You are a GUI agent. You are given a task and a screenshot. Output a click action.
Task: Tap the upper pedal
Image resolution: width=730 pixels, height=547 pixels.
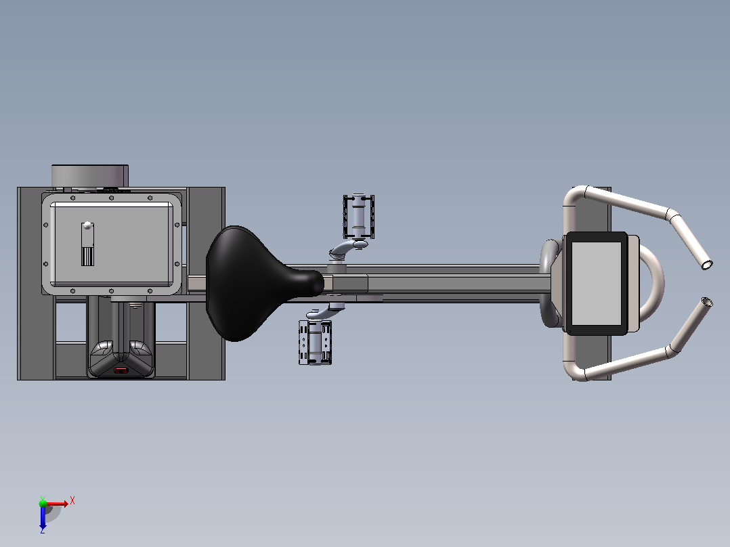358,217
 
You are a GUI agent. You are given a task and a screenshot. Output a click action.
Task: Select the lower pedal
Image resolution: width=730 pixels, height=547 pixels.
315,343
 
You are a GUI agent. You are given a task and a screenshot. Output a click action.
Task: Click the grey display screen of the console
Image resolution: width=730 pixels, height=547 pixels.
597,283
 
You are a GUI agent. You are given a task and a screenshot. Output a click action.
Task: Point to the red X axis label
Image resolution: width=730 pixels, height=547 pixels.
72,501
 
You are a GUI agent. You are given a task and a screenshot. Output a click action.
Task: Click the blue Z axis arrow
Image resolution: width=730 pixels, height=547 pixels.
43,517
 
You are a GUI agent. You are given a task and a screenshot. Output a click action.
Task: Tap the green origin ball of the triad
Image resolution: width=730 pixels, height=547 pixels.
43,503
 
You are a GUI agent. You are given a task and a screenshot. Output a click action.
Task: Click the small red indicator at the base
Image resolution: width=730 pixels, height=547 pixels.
121,371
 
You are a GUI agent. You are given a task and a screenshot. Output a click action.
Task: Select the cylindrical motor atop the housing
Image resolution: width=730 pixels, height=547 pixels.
90,176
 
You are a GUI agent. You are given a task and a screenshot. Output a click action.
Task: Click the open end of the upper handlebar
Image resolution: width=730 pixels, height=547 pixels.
707,265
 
